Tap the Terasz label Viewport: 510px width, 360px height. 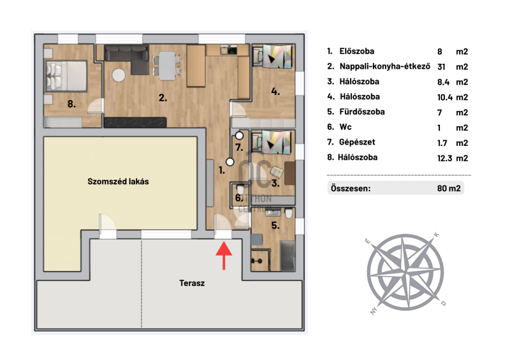tap(192, 283)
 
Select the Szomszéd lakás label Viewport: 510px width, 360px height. tap(118, 182)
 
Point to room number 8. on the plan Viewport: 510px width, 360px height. tap(73, 103)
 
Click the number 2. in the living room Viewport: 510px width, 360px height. tap(163, 98)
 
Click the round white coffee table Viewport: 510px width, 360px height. tap(119, 75)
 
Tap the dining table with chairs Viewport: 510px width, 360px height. tap(166, 63)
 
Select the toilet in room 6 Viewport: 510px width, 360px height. tap(241, 190)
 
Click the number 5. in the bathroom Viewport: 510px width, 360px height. tap(275, 225)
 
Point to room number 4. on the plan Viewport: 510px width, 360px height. tap(275, 91)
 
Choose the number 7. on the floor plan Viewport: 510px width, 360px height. tap(240, 148)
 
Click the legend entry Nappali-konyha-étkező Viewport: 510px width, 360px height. tap(377, 66)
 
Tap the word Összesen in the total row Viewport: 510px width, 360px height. tap(350, 189)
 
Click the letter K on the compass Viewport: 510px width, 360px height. tap(436, 234)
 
